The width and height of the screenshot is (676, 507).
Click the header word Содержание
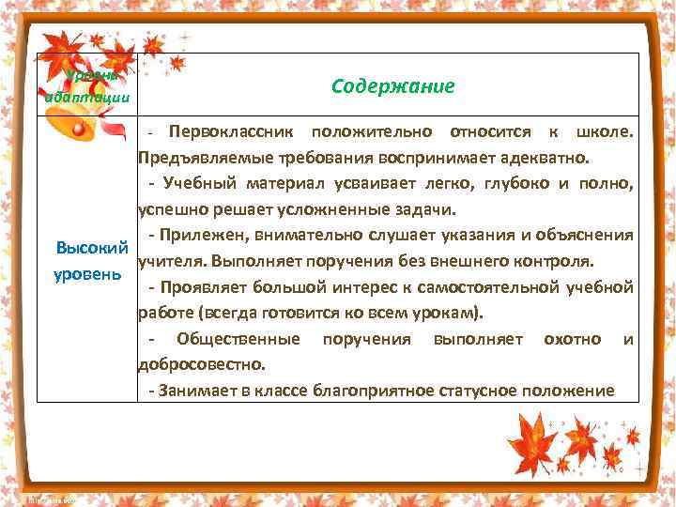point(392,86)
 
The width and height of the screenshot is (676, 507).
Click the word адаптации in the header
point(87,98)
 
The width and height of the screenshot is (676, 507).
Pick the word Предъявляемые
point(194,154)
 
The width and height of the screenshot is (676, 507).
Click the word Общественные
point(238,338)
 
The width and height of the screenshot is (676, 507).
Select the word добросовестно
point(201,363)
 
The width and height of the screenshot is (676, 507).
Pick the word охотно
point(572,338)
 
